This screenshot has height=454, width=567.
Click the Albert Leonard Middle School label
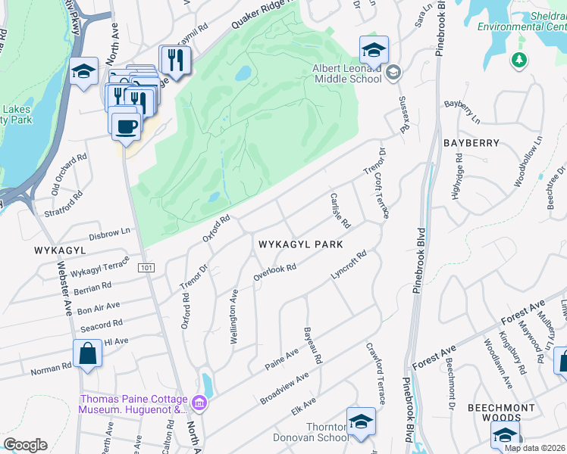tap(346, 73)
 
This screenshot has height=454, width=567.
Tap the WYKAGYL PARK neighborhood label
tap(301, 245)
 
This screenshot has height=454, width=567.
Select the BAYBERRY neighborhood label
tap(473, 143)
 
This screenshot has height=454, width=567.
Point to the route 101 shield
tap(146, 268)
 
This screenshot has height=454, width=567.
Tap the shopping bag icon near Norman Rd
tap(87, 353)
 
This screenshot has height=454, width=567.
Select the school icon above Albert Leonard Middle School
tap(374, 50)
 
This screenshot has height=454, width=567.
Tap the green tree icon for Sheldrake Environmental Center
tap(519, 60)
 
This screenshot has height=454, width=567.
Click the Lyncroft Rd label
tap(349, 266)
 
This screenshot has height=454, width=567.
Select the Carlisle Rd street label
tap(340, 210)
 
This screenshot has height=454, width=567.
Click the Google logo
tap(26, 445)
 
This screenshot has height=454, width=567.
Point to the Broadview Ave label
tap(285, 387)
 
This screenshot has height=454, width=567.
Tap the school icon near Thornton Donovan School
tap(361, 421)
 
